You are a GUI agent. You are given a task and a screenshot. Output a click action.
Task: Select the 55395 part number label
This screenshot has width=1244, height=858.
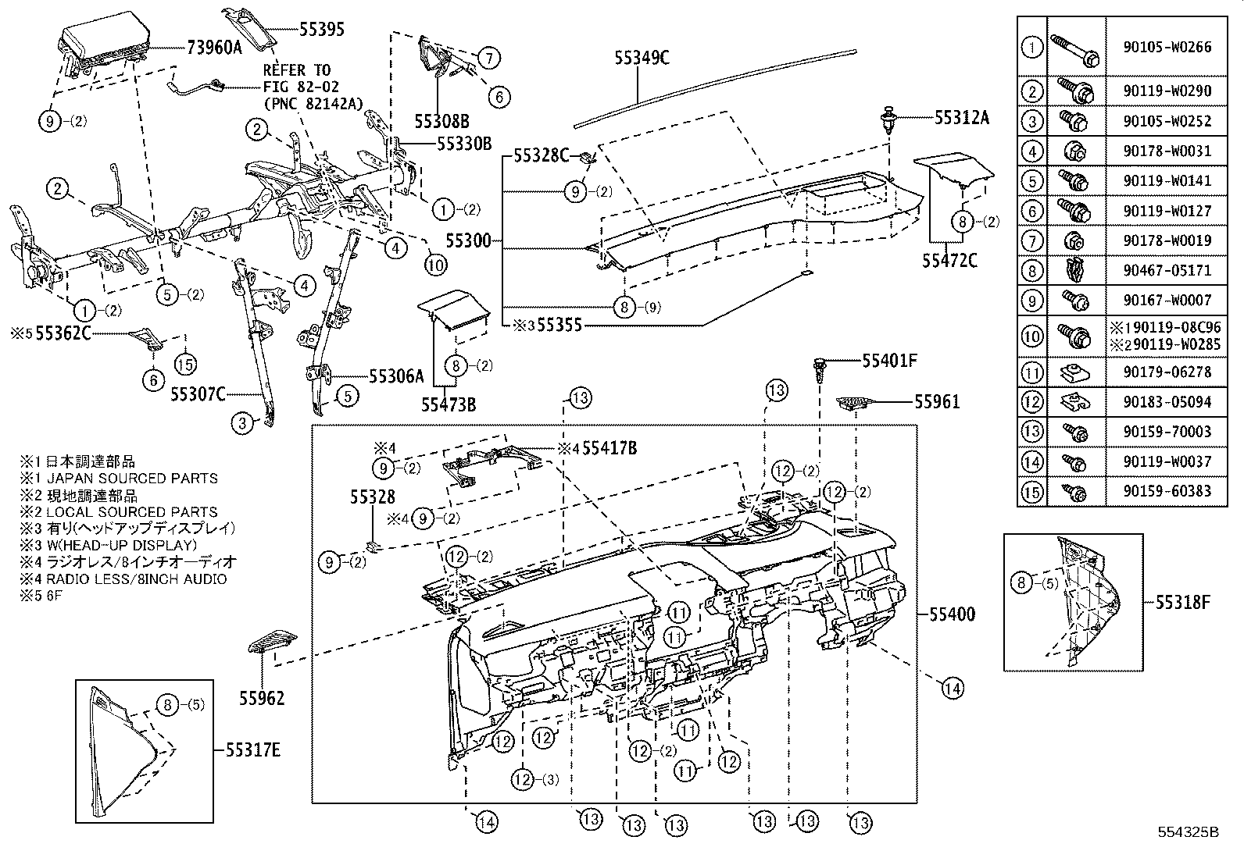click(x=321, y=29)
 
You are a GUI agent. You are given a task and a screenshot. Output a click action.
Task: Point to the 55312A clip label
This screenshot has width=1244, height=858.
click(x=961, y=118)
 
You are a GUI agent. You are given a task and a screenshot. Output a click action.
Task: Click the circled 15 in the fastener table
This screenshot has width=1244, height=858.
click(x=1032, y=492)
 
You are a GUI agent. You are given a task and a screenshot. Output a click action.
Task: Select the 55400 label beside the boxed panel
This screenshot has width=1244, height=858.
click(x=952, y=614)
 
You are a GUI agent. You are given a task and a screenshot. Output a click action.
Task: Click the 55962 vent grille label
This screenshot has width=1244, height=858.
click(x=262, y=699)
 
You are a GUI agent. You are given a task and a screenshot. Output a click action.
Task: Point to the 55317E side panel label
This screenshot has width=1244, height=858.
click(x=252, y=751)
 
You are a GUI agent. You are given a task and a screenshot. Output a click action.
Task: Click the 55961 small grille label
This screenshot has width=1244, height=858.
click(x=937, y=402)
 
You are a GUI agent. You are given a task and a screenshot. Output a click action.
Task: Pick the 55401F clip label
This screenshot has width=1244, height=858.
click(x=889, y=361)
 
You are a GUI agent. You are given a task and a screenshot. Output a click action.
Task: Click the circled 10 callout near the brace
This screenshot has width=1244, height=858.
click(x=435, y=265)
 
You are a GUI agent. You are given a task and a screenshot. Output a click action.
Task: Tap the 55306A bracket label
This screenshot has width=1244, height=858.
click(x=395, y=376)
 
